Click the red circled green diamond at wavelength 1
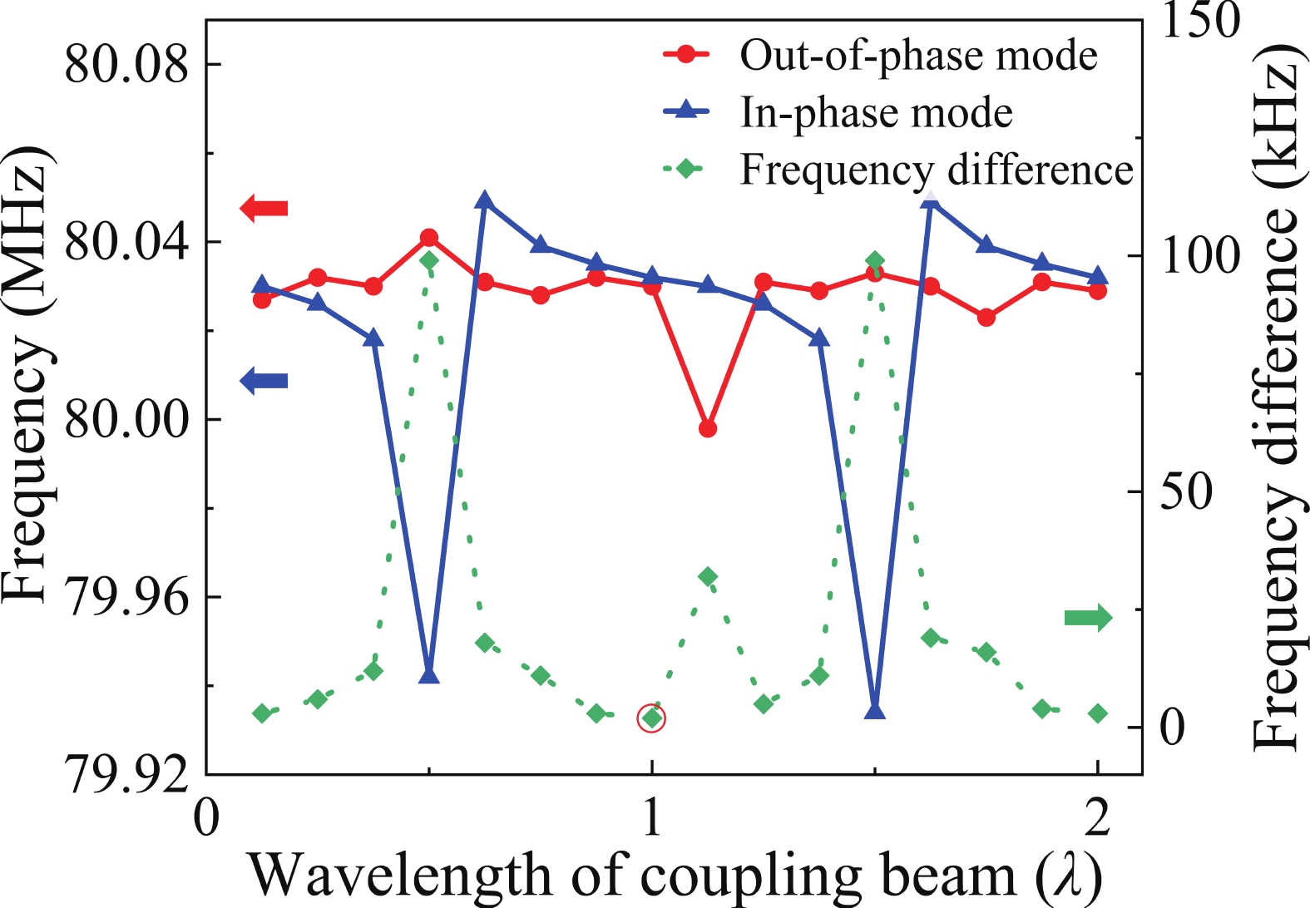point(651,718)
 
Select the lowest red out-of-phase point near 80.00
point(708,428)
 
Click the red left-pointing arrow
point(264,208)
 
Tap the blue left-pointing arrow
point(264,381)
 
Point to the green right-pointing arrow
point(1088,617)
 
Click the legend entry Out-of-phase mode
point(917,56)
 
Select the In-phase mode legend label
point(876,112)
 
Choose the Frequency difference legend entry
point(936,170)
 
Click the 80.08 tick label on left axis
point(126,64)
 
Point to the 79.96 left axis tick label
point(126,596)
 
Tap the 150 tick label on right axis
point(1199,20)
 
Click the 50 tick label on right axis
point(1185,492)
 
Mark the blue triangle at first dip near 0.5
point(429,674)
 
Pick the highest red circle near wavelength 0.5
point(429,238)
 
